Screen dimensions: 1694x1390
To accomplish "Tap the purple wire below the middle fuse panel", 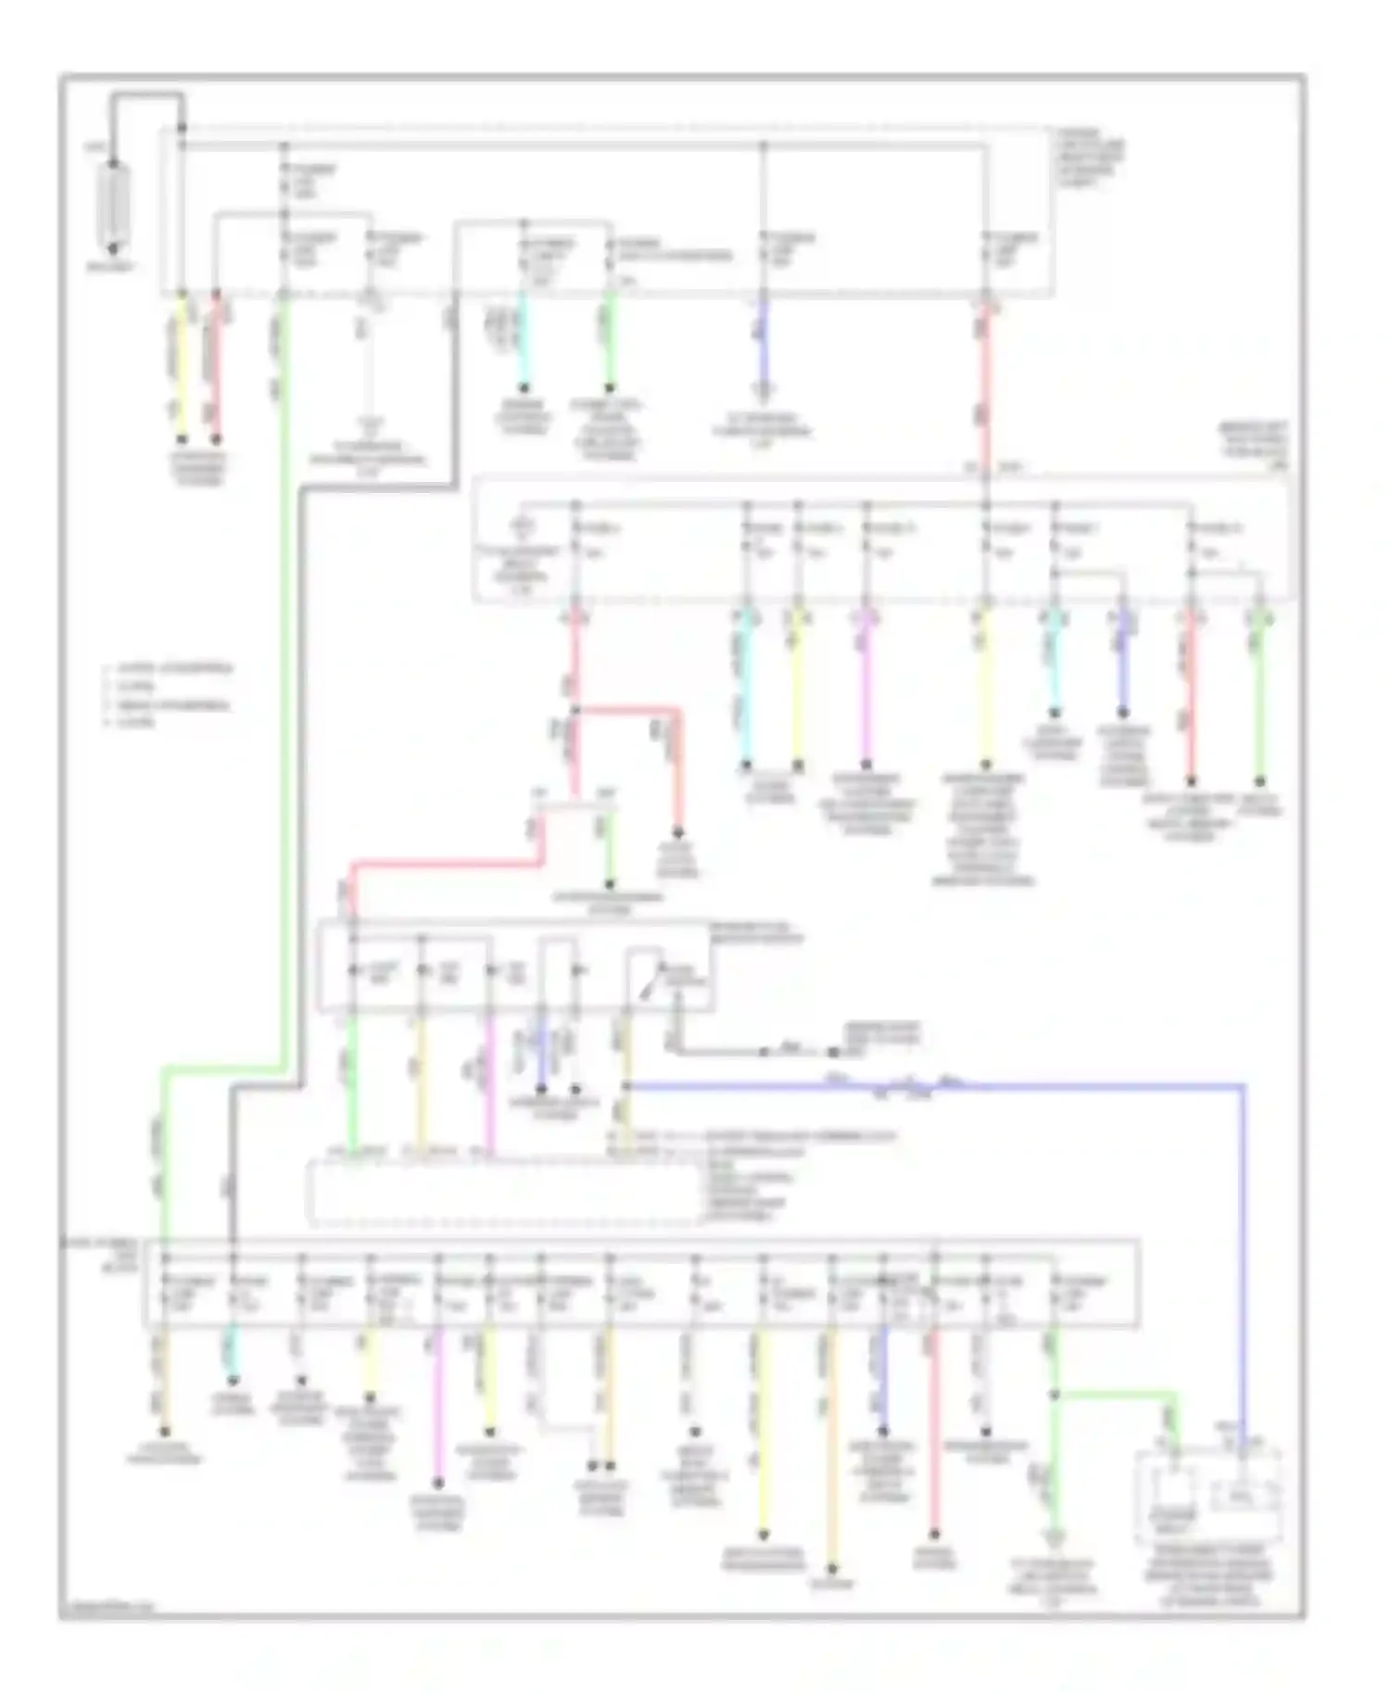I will [1123, 663].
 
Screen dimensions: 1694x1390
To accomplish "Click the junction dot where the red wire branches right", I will [575, 711].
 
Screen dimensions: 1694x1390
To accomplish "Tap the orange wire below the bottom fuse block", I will [831, 1446].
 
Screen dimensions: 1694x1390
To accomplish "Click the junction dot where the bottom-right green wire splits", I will [1055, 1393].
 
